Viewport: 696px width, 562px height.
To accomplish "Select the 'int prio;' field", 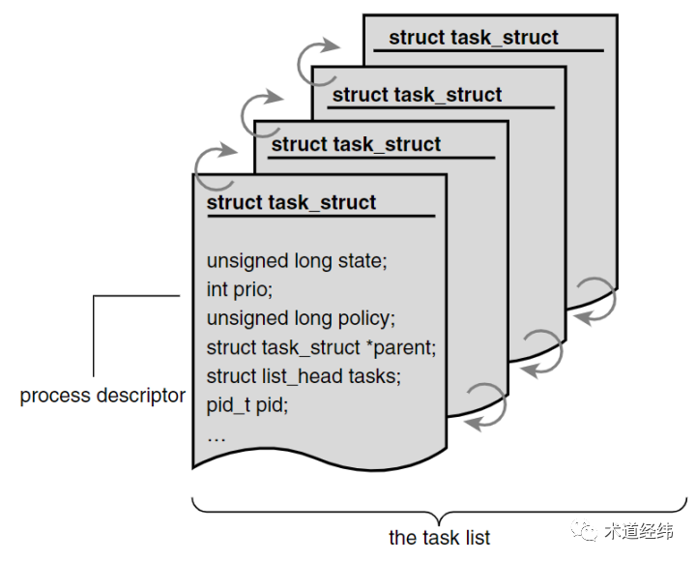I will (x=240, y=289).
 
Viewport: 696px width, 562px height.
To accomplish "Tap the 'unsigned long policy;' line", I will (x=301, y=318).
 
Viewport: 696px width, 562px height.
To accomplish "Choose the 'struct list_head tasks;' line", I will (x=303, y=375).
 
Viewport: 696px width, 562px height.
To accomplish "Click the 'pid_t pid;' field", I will (x=247, y=404).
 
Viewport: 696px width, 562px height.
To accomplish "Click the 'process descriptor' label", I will (x=102, y=396).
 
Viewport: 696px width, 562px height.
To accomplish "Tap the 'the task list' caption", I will (x=440, y=537).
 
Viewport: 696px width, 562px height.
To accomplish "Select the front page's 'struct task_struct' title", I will (x=291, y=203).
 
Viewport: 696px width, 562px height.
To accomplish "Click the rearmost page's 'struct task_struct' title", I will (x=474, y=38).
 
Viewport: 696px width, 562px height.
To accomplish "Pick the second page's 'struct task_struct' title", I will (x=356, y=144).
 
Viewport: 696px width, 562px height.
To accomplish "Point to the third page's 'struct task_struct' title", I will (x=417, y=95).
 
